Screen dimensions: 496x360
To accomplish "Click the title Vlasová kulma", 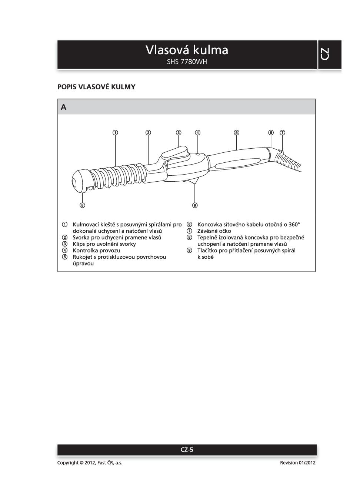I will click(x=187, y=50).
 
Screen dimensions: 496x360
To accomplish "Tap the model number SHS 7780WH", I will click(x=187, y=62).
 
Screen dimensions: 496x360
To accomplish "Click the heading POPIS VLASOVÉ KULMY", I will click(x=96, y=87).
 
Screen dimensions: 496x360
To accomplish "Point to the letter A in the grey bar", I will click(x=64, y=108).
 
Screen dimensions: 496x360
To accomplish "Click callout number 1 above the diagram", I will click(x=116, y=132).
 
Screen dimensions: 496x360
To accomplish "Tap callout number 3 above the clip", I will click(x=179, y=132).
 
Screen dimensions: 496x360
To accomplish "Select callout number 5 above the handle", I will click(x=236, y=132).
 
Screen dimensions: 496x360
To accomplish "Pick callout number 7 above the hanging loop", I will click(x=282, y=132).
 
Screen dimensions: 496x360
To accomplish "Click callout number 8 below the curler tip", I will click(x=82, y=205).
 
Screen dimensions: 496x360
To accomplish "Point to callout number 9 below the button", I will click(x=195, y=205).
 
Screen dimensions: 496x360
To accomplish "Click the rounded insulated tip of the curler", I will click(x=80, y=181).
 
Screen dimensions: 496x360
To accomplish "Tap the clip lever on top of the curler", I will click(x=175, y=153).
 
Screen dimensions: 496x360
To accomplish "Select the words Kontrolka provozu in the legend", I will click(x=96, y=251).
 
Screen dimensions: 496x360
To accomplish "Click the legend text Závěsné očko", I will click(x=214, y=231).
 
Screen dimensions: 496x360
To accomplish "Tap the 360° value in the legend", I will click(x=294, y=225).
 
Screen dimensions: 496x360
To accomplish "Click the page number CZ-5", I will click(x=187, y=450).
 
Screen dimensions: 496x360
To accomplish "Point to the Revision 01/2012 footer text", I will click(x=298, y=463).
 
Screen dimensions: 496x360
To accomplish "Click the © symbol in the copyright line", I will click(x=81, y=463).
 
